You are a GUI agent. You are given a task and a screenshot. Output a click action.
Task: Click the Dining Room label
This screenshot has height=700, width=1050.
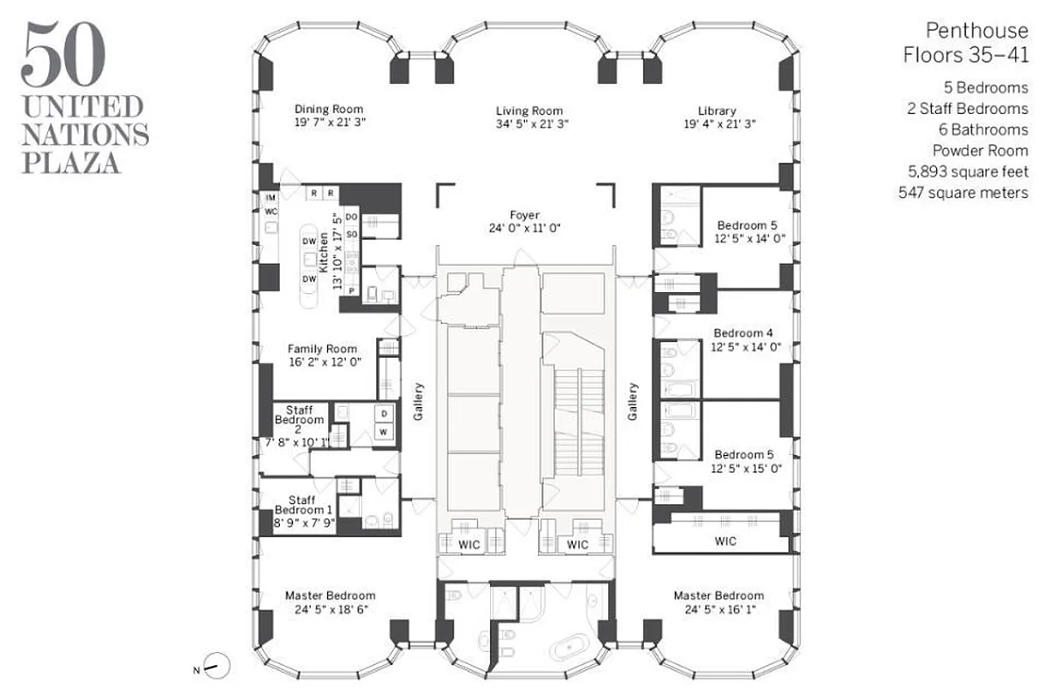click(x=329, y=109)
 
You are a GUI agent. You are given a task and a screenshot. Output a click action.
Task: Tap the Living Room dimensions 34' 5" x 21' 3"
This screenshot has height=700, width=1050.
click(x=528, y=123)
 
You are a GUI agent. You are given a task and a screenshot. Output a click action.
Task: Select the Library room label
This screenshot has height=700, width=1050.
click(x=717, y=110)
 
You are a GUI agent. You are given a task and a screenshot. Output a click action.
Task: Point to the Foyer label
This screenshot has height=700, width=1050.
click(x=525, y=214)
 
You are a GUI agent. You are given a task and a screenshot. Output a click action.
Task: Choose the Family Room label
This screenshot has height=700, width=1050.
click(x=323, y=349)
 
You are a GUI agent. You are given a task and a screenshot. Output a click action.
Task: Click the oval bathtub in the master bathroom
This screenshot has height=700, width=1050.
click(x=570, y=649)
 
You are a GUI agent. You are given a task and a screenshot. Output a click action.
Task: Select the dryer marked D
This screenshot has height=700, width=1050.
click(x=382, y=413)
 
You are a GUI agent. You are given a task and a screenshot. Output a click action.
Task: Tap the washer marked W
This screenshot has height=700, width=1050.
click(x=382, y=432)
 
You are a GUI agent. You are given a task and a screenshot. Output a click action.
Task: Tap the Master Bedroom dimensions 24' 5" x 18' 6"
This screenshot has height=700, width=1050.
click(x=329, y=610)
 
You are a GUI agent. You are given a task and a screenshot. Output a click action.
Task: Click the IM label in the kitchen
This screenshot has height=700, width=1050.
click(x=270, y=199)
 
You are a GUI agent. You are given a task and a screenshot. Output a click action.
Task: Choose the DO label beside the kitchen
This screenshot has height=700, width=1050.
click(x=352, y=216)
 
